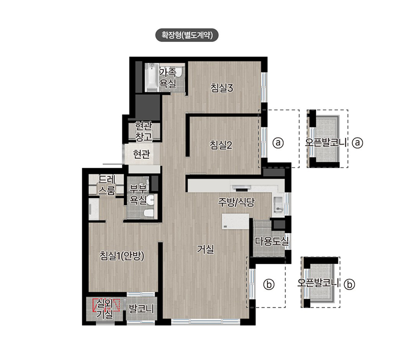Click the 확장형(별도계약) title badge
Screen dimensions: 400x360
(187, 35)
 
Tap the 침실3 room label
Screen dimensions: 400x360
(221, 88)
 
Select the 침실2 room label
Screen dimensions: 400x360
(221, 145)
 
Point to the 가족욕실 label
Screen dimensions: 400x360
(167, 78)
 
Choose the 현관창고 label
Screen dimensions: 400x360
(143, 131)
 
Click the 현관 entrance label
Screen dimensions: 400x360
(141, 154)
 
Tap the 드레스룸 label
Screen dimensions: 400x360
(107, 185)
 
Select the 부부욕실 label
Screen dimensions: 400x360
(138, 194)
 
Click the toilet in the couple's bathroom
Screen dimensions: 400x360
(148, 213)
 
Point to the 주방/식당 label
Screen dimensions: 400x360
(236, 202)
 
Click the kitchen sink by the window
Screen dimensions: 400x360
(278, 204)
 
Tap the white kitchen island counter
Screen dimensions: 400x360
(235, 221)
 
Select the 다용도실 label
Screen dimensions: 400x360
(272, 241)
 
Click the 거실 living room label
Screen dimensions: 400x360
(205, 249)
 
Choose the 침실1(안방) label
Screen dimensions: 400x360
(121, 256)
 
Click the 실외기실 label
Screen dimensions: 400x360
(104, 309)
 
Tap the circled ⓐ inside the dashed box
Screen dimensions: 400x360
(278, 142)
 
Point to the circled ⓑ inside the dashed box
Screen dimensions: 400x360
(269, 284)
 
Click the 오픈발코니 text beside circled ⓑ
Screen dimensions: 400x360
(318, 283)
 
